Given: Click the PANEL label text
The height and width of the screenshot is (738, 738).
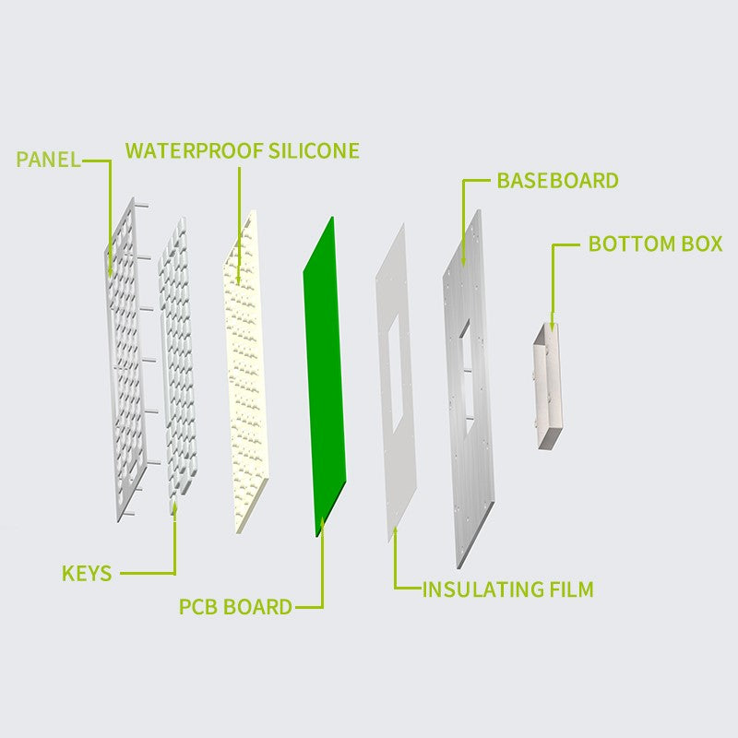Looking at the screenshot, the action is pos(49,160).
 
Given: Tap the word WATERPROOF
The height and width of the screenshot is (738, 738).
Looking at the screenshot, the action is pos(194,150).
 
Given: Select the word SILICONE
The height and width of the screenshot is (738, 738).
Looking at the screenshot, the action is pos(314,150).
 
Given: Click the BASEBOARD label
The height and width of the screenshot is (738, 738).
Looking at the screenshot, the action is pos(558,181).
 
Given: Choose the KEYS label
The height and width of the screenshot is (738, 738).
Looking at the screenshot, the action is pos(87,573).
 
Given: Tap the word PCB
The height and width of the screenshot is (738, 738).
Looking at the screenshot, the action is pos(198,607).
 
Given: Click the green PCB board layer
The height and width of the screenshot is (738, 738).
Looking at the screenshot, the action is pos(325,376).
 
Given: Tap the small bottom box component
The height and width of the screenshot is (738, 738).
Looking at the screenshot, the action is pos(548,386).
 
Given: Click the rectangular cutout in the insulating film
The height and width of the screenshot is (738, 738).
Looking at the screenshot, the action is pos(396,374).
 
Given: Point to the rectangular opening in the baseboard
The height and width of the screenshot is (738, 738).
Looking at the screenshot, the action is pos(465,376).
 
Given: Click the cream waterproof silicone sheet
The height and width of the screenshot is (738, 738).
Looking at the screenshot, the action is pos(245,372).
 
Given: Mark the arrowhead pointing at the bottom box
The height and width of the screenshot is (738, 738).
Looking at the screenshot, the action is pos(552,325).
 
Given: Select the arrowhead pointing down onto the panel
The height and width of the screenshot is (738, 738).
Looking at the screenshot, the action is pos(110,271).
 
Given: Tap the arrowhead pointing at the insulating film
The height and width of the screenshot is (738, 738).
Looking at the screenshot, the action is pos(395,532).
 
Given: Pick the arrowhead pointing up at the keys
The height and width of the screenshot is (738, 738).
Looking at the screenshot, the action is pos(174,508).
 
